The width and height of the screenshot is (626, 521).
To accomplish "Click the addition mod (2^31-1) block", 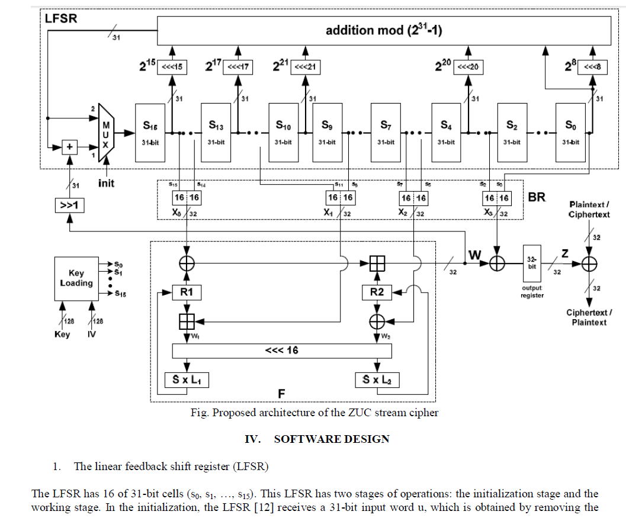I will tap(384, 30).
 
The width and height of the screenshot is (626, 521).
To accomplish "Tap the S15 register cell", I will tap(150, 132).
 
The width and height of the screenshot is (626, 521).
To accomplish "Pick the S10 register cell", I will tap(283, 132).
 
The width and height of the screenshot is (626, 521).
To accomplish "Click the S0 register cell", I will tap(569, 132).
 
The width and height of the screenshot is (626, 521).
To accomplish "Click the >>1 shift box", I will tap(70, 207).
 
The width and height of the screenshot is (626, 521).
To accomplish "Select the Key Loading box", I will tap(76, 278).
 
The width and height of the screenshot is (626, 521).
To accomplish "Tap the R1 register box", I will tap(187, 292).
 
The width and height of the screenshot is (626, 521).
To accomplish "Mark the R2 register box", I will tap(377, 292).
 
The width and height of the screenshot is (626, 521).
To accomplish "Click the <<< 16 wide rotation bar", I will tap(282, 350).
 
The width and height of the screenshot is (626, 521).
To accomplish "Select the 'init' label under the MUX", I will tap(107, 184).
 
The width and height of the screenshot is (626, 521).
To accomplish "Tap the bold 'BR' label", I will tap(537, 197).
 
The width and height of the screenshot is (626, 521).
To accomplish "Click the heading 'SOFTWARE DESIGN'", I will tap(332, 439).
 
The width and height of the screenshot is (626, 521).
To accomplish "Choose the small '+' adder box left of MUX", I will tap(70, 146).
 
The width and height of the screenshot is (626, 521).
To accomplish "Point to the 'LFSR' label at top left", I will tap(60, 18).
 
